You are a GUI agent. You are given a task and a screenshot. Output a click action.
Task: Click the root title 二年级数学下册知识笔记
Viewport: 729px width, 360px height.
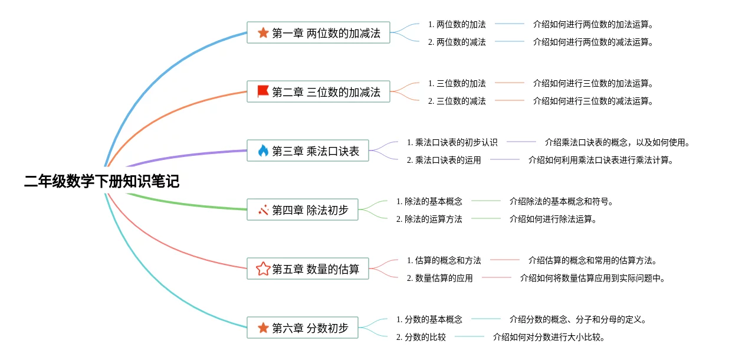pyautogui.click(x=101, y=181)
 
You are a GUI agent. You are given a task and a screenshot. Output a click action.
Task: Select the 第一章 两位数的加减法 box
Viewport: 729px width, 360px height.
pyautogui.click(x=318, y=32)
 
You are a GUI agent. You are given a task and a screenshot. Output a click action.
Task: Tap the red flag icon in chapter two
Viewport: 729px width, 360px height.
pyautogui.click(x=262, y=91)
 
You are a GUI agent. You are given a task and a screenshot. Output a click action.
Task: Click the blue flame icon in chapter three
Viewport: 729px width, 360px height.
pyautogui.click(x=263, y=150)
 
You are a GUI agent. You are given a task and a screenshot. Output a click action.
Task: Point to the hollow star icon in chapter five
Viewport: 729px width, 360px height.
pyautogui.click(x=263, y=269)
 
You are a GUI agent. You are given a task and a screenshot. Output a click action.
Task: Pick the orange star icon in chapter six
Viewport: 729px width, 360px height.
pyautogui.click(x=263, y=328)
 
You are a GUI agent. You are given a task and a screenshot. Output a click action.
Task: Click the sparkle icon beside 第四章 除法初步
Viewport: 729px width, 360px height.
pyautogui.click(x=263, y=210)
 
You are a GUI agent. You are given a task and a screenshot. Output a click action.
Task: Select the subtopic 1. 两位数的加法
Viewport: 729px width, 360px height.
pyautogui.click(x=457, y=24)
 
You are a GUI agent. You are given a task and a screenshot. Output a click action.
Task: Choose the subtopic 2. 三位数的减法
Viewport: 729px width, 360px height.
pyautogui.click(x=457, y=102)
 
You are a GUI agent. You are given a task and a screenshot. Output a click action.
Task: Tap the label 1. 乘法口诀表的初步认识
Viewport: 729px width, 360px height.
pyautogui.click(x=452, y=143)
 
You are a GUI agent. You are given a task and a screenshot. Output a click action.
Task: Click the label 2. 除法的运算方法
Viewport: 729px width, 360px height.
pyautogui.click(x=429, y=220)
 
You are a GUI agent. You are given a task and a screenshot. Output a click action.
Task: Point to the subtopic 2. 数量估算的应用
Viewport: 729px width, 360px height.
pyautogui.click(x=439, y=279)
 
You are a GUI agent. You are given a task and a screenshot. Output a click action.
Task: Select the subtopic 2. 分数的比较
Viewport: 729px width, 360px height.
pyautogui.click(x=421, y=337)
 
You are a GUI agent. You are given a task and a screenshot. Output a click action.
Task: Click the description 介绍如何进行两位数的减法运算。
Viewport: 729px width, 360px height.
pyautogui.click(x=593, y=42)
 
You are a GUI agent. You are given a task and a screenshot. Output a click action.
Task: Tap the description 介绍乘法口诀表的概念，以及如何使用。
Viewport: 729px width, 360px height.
pyautogui.click(x=617, y=143)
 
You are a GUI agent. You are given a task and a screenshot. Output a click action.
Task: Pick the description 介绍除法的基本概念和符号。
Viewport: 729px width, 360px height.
pyautogui.click(x=561, y=201)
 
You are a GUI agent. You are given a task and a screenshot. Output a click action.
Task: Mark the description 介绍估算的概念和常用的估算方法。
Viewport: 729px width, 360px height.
pyautogui.click(x=593, y=261)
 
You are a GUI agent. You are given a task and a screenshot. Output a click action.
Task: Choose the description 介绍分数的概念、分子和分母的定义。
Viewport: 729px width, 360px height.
pyautogui.click(x=577, y=320)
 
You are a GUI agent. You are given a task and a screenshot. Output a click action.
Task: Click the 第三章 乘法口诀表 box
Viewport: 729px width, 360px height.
pyautogui.click(x=307, y=150)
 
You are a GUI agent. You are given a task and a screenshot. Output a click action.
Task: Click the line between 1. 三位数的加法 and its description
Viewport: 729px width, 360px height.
pyautogui.click(x=510, y=83)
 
